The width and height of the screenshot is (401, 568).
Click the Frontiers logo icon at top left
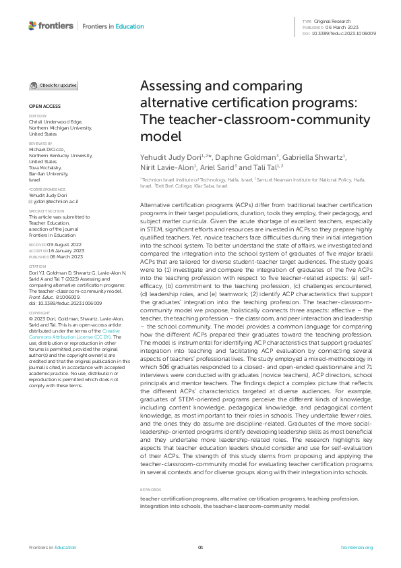[32, 26]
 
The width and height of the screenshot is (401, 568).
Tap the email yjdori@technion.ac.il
[55, 202]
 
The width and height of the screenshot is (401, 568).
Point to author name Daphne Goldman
[238, 157]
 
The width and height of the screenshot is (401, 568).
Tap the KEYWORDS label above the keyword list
[149, 489]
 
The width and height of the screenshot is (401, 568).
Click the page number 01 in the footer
[200, 547]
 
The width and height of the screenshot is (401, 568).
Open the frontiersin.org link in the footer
[357, 547]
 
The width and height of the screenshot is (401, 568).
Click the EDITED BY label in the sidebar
[38, 116]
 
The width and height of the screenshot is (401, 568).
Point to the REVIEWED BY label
[40, 144]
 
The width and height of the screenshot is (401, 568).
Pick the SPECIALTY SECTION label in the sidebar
[44, 211]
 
